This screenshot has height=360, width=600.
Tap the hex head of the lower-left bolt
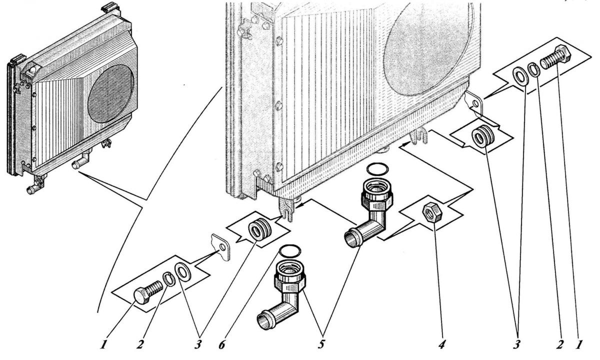click(x=141, y=295)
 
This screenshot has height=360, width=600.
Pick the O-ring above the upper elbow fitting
click(x=377, y=169)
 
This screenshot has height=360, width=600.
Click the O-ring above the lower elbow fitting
click(x=290, y=250)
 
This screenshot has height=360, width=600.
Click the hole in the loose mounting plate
click(x=222, y=246)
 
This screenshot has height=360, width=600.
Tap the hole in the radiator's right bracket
click(x=475, y=103)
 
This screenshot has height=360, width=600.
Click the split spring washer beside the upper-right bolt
click(x=534, y=69)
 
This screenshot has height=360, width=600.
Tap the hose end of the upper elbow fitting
click(x=350, y=238)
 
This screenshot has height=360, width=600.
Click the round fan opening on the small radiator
click(x=110, y=93)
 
